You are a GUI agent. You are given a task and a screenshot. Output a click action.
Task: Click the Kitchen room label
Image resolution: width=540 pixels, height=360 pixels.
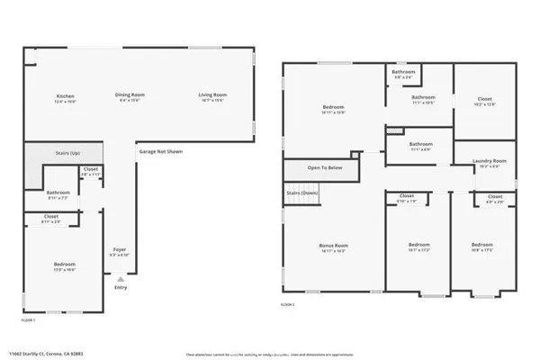click(65, 95)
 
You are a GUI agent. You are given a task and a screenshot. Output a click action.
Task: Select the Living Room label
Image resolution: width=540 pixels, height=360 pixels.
click(212, 95)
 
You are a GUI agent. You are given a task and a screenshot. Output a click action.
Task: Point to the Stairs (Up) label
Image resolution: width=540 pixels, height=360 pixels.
click(43, 154)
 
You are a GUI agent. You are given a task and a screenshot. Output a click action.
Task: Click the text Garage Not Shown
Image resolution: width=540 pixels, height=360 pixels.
click(161, 151)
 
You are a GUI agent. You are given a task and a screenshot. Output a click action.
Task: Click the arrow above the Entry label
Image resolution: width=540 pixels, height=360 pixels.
click(120, 279)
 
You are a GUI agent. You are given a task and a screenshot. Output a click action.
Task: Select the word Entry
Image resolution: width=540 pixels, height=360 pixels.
click(121, 287)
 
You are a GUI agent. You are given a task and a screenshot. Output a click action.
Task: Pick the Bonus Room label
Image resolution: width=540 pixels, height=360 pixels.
click(335, 245)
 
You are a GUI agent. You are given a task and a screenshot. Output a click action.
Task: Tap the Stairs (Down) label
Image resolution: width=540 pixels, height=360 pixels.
click(303, 193)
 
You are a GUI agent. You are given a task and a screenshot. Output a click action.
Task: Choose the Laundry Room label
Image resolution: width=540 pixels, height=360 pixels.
click(490, 161)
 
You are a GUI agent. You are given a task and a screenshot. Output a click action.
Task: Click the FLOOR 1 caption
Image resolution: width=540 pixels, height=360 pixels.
click(29, 319)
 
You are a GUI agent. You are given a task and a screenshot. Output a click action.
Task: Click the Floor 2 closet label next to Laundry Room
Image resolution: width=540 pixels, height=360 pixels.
click(495, 196)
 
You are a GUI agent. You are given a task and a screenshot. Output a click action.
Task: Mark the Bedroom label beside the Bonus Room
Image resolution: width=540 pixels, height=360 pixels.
click(419, 245)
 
